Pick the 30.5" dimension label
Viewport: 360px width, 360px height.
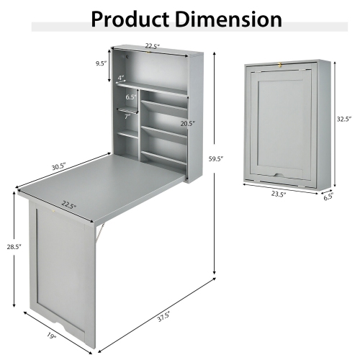tap(58, 166)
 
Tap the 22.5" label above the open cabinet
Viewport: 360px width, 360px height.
tap(153, 46)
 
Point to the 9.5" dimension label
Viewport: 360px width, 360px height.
tap(101, 63)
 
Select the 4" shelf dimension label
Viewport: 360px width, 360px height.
tap(121, 78)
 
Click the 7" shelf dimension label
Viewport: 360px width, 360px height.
tap(127, 116)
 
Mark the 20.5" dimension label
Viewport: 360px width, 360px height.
tap(187, 123)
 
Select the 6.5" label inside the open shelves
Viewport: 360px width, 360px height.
tap(130, 97)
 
